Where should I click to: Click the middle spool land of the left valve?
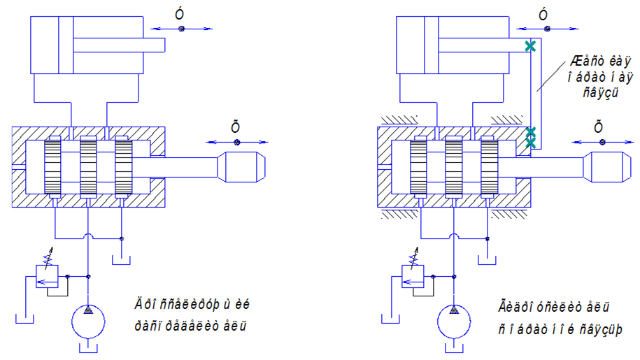(x=87, y=167)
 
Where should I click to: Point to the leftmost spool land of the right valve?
(x=418, y=167)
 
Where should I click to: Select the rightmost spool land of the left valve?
(x=123, y=167)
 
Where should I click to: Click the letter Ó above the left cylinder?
(x=180, y=15)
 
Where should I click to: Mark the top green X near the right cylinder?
(x=531, y=46)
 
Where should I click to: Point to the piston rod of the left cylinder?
(x=119, y=45)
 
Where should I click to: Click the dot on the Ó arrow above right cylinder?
(x=547, y=29)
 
